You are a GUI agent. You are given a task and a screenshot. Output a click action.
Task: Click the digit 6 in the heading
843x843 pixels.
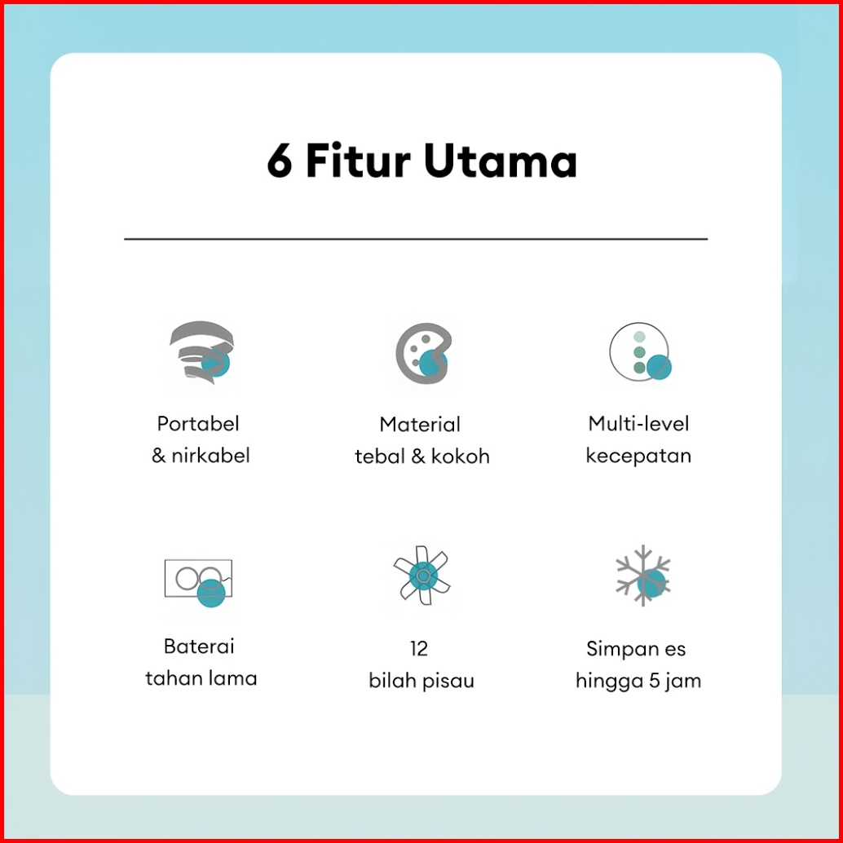[280, 162]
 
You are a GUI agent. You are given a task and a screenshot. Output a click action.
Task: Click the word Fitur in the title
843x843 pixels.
[356, 161]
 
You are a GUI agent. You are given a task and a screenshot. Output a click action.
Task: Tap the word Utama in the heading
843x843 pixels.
[501, 161]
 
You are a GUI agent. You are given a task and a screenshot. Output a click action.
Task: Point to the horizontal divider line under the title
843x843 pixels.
[416, 239]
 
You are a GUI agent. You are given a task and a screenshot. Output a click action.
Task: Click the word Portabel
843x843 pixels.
[198, 424]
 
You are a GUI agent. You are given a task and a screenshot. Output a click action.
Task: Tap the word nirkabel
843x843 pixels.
[210, 456]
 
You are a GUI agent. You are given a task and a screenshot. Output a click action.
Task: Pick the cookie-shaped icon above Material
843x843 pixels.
[421, 353]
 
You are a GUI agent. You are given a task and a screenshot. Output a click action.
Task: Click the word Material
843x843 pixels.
[420, 425]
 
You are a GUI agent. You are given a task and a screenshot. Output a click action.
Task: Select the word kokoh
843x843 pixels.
[461, 457]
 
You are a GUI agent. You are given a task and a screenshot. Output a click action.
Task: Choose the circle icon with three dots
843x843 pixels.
[640, 353]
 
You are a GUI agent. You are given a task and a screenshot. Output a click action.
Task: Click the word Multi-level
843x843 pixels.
[638, 424]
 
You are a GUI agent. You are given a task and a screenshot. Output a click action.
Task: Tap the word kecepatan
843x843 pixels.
[638, 456]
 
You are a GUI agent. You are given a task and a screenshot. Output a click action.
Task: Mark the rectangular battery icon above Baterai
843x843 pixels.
[198, 580]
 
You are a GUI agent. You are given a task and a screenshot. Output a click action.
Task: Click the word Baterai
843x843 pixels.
[199, 647]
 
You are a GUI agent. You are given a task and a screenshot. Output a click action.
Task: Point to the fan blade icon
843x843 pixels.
[421, 577]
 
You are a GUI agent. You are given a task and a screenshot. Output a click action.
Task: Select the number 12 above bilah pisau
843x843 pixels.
[419, 649]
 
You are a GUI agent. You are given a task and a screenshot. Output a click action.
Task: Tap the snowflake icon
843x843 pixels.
[642, 575]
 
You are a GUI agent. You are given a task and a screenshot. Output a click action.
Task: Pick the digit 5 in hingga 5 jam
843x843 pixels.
[654, 681]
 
